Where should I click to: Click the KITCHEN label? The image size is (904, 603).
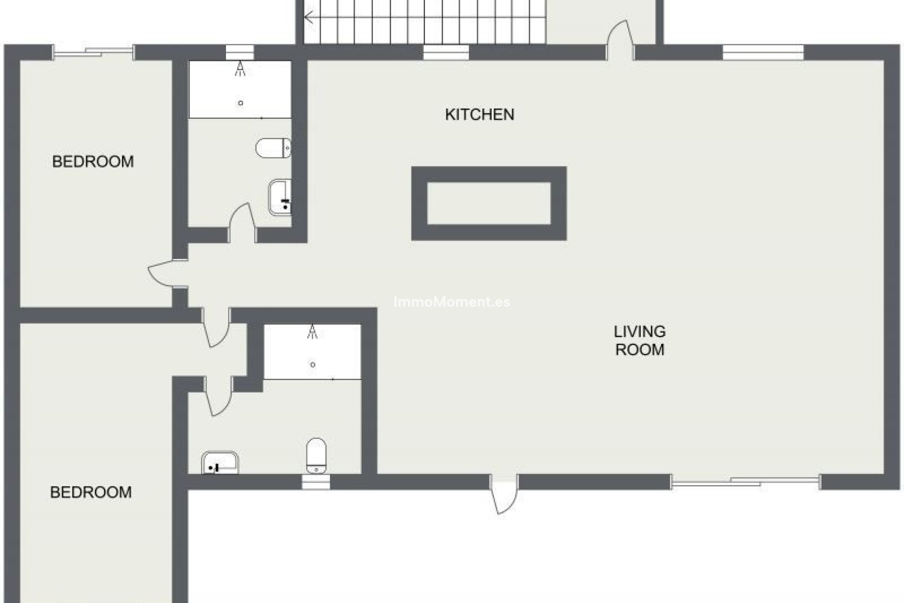point(479,114)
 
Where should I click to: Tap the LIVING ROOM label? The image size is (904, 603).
point(639,341)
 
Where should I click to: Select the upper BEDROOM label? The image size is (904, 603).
point(93,162)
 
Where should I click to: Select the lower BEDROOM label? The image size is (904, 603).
point(91,492)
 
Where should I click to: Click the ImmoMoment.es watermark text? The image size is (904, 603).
point(452,302)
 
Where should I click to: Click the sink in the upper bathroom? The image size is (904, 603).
point(280,197)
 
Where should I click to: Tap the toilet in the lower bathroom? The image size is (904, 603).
point(316,455)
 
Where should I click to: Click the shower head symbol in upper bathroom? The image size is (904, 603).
point(241,69)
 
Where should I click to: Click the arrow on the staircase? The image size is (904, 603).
point(309,18)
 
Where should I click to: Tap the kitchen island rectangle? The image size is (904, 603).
point(489,203)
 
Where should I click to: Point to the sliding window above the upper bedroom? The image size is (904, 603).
point(93,52)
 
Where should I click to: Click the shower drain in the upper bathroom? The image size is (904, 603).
point(241,103)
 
